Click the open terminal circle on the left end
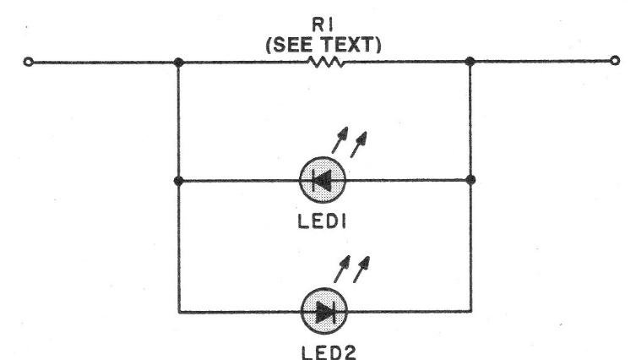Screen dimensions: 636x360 point(28,62)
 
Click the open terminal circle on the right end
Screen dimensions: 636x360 point(615,61)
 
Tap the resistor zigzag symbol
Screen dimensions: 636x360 point(326,62)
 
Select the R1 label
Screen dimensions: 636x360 point(323,25)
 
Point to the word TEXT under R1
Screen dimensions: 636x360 point(349,45)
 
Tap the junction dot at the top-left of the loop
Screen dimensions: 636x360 point(178,62)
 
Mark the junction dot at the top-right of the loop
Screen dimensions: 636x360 point(470,62)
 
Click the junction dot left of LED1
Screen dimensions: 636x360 point(178,181)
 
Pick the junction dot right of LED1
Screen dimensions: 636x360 point(471,179)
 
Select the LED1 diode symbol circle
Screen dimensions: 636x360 point(323,180)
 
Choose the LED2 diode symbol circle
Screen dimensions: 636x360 point(324,311)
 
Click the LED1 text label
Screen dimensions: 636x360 point(322,221)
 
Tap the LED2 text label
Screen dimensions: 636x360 point(329,352)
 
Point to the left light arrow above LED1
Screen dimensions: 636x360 point(340,140)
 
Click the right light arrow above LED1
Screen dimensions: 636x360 point(359,145)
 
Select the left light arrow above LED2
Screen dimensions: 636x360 point(342,269)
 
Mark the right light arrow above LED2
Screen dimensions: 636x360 point(361,269)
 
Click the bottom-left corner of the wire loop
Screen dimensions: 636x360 point(179,312)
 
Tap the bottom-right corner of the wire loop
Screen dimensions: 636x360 point(471,311)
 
